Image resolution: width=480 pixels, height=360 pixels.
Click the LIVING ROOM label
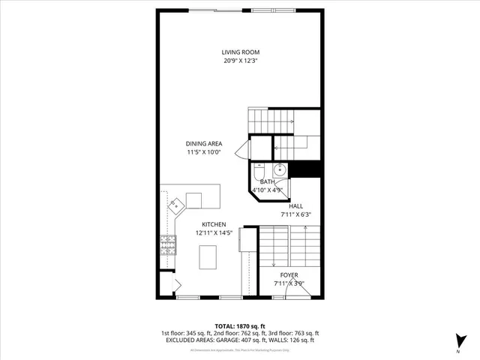(x=240, y=52)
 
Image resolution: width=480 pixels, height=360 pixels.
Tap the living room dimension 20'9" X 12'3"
(x=240, y=61)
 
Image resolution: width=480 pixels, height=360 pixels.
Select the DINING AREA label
(x=204, y=143)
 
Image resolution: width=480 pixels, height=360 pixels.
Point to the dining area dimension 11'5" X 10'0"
(x=204, y=152)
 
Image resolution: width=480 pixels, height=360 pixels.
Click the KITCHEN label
(x=213, y=224)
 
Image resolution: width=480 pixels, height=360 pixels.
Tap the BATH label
(x=268, y=181)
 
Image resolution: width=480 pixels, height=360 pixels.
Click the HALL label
(x=295, y=205)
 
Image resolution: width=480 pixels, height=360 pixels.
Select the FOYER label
(x=289, y=275)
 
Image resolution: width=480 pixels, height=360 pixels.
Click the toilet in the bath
(x=259, y=168)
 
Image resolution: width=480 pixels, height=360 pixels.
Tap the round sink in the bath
(x=279, y=168)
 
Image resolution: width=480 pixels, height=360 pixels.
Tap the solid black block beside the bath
(x=305, y=169)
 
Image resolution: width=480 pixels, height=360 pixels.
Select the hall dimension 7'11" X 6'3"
(x=295, y=214)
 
